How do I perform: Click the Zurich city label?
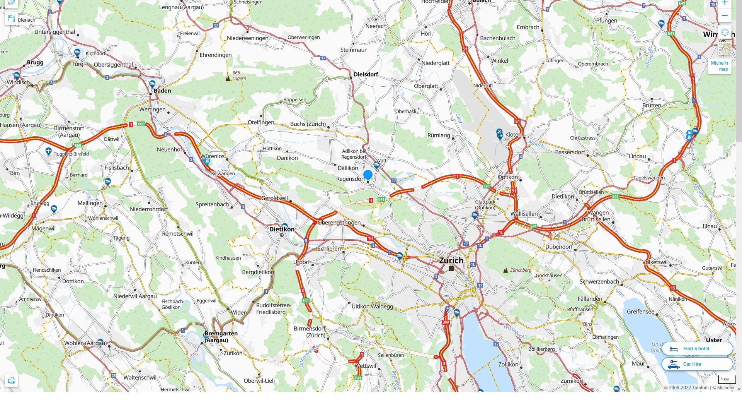point(451,260)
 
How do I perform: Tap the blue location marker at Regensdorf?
point(368,175)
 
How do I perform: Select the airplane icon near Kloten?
point(499,132)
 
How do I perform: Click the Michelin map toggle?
point(719,66)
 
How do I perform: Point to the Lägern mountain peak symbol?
point(228,79)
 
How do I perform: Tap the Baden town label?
point(162,91)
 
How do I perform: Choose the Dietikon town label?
point(282,229)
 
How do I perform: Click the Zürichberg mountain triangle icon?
point(505,271)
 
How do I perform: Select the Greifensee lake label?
point(640,312)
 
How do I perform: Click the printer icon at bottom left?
point(11,380)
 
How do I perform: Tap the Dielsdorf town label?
point(366,74)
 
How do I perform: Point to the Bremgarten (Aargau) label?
point(221,337)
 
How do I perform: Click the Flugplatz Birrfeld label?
point(71,154)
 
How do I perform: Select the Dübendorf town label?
point(559,247)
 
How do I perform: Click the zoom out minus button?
point(725,16)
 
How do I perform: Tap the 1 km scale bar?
point(727,380)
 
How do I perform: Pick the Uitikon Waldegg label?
point(372,307)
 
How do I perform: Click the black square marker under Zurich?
point(451,269)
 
